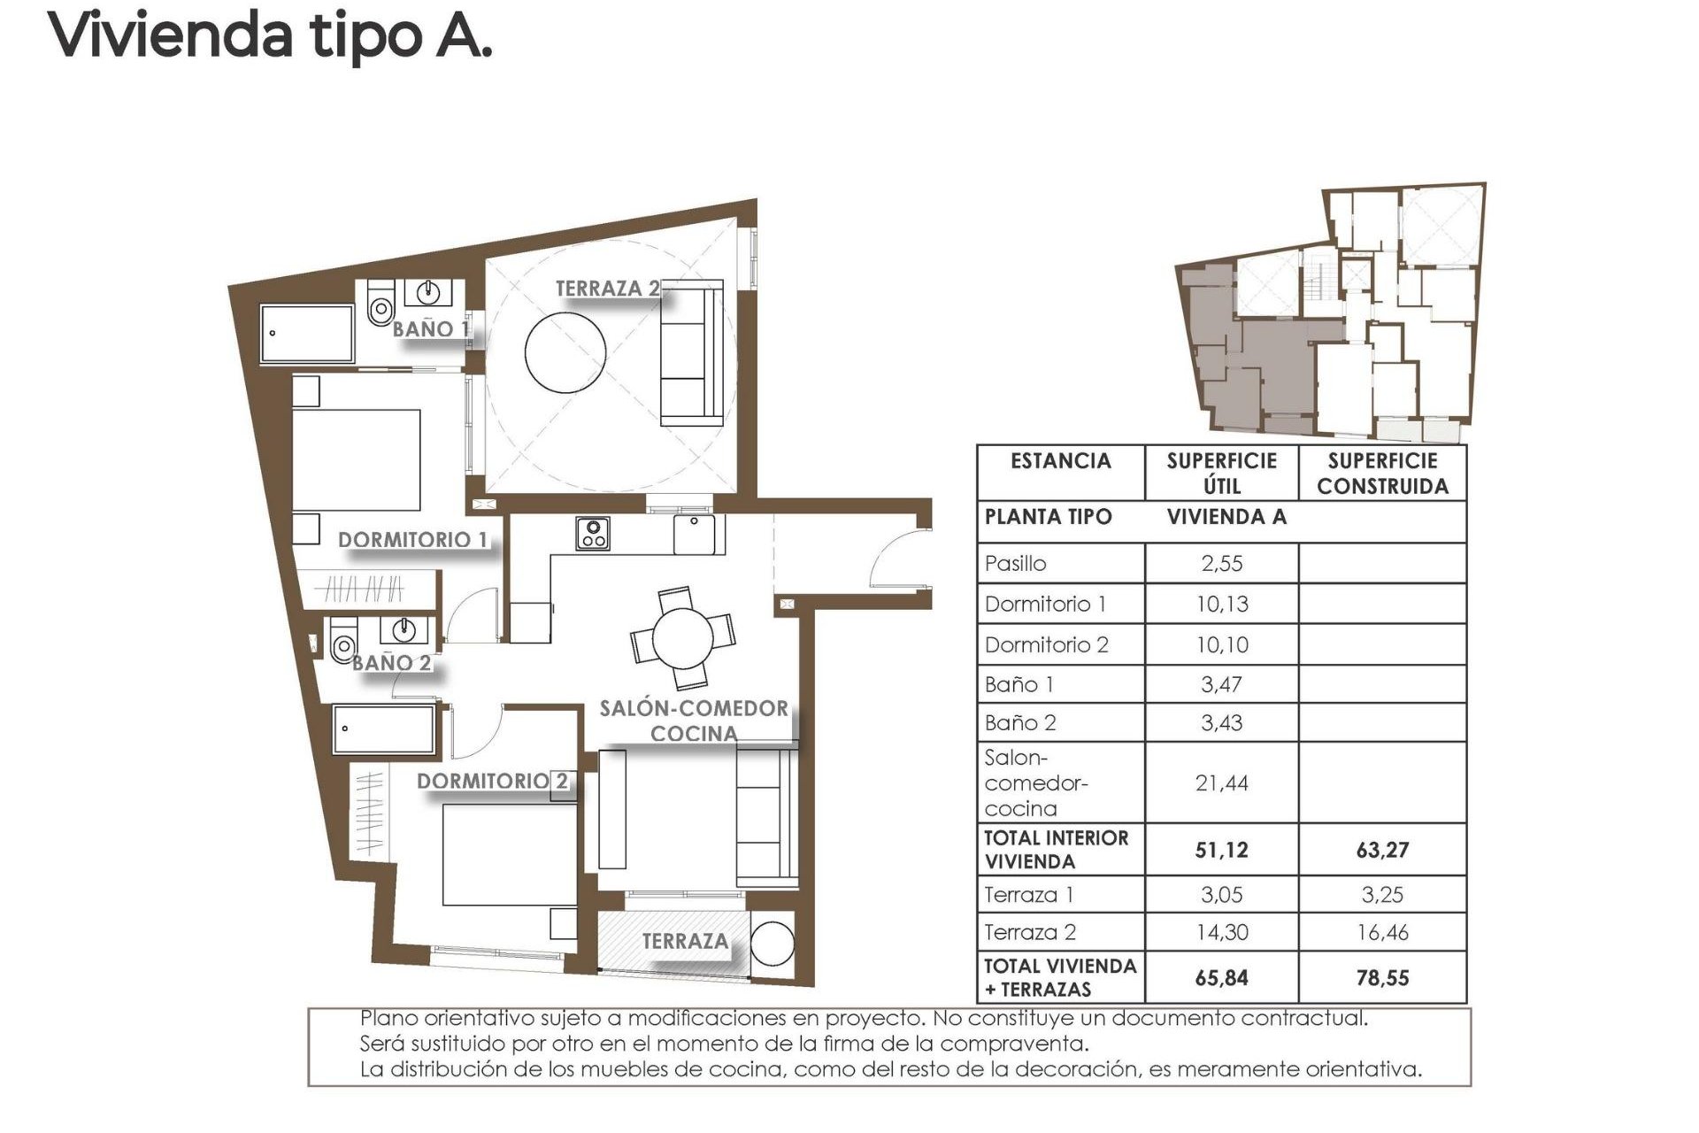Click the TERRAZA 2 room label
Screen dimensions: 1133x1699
[x=607, y=289]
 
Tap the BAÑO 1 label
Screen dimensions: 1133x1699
[x=430, y=329]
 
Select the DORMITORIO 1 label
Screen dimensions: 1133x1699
[x=412, y=540]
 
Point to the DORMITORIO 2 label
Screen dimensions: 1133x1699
[x=492, y=781]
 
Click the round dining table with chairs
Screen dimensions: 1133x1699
[x=682, y=637]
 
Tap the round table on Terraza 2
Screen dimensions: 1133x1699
[x=565, y=351]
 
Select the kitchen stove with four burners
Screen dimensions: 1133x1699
[x=592, y=534]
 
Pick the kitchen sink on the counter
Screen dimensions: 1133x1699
[x=694, y=535]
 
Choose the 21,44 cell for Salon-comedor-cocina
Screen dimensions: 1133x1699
[x=1221, y=782]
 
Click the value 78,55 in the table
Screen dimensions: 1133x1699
[x=1382, y=978]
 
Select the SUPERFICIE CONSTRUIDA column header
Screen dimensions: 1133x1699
[x=1382, y=474]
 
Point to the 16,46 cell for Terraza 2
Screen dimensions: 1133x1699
[x=1382, y=932]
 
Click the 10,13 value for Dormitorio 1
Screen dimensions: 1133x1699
[x=1221, y=605]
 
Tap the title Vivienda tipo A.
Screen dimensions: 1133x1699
[x=270, y=35]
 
